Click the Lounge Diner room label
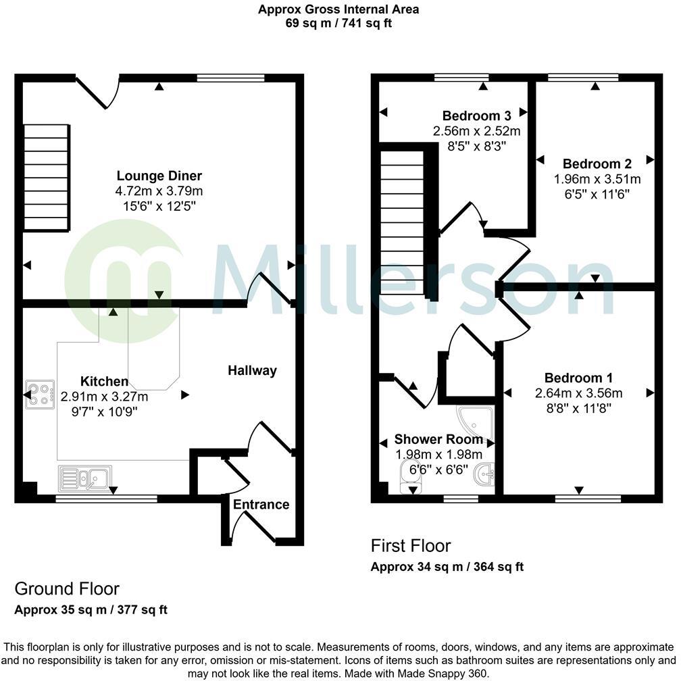pyautogui.click(x=159, y=176)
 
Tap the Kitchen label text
pyautogui.click(x=104, y=381)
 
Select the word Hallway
pyautogui.click(x=252, y=370)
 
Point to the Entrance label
pyautogui.click(x=261, y=504)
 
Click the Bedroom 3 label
pyautogui.click(x=476, y=115)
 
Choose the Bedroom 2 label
pyautogui.click(x=597, y=163)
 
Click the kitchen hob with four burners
pyautogui.click(x=41, y=395)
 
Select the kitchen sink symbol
pyautogui.click(x=85, y=478)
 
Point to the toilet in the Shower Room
pyautogui.click(x=410, y=477)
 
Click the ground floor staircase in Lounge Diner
pyautogui.click(x=47, y=178)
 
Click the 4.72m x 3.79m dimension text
pyautogui.click(x=159, y=191)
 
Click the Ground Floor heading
pyautogui.click(x=67, y=588)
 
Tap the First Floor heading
pyautogui.click(x=410, y=545)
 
